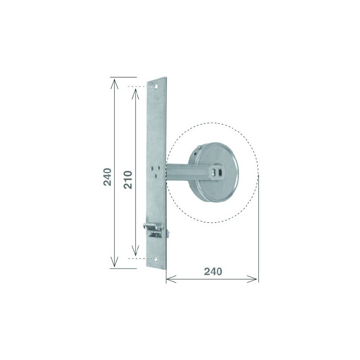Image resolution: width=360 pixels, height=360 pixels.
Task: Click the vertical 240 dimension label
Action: [x=108, y=177]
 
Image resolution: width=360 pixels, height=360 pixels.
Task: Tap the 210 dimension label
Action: [x=128, y=180]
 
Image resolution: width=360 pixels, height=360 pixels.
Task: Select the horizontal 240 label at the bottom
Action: [x=213, y=272]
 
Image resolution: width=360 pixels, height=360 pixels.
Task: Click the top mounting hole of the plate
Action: [x=156, y=86]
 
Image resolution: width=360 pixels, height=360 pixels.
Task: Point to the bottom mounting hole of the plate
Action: [x=156, y=259]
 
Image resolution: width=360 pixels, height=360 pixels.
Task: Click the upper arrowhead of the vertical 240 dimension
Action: [x=114, y=83]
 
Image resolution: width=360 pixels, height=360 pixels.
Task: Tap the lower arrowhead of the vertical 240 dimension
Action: [x=114, y=262]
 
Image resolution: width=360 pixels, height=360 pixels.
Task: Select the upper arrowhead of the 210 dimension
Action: [x=135, y=94]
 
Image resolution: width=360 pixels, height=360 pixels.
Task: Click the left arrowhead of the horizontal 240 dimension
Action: [x=171, y=279]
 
